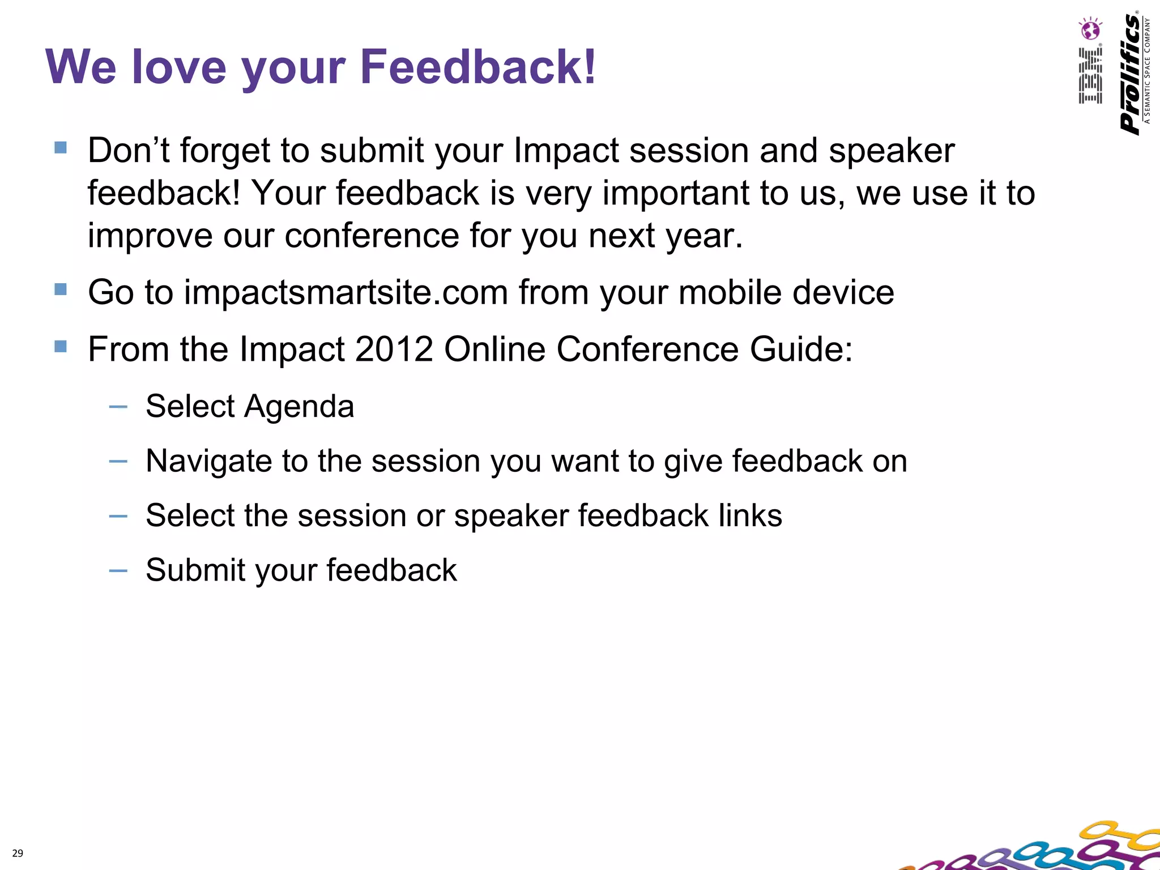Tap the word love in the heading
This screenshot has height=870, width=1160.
179,67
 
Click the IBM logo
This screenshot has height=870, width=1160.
1090,76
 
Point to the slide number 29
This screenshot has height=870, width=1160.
18,853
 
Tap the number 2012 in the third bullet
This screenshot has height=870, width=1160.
394,349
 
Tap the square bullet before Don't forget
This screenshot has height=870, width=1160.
61,148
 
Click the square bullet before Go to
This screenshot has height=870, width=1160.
61,289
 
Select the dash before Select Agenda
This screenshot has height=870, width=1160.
118,407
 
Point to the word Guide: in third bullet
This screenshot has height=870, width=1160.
801,349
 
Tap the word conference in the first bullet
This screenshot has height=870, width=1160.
372,236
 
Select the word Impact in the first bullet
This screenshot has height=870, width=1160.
566,151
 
